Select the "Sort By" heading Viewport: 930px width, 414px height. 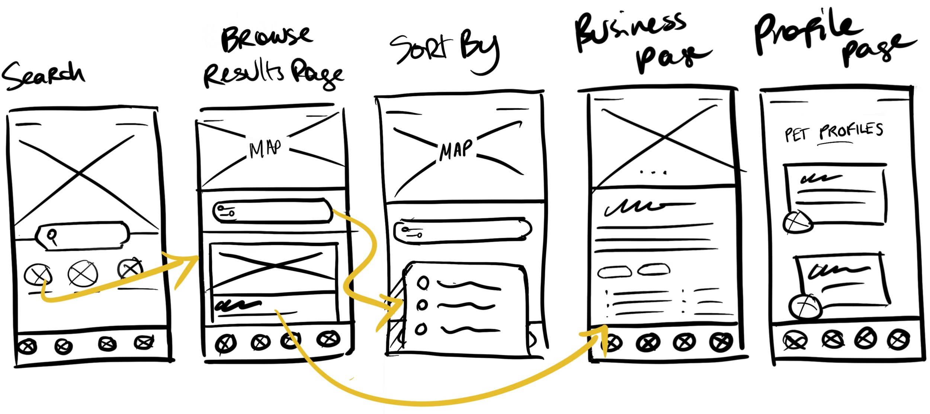445,50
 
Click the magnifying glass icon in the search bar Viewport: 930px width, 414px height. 52,236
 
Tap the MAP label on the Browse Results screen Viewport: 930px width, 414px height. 265,149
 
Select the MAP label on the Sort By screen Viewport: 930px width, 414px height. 456,150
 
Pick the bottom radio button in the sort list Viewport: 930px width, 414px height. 421,329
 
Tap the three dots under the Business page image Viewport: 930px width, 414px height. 653,172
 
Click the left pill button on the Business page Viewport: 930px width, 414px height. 614,272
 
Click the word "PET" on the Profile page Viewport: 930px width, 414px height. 797,134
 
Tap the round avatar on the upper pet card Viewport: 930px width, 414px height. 797,222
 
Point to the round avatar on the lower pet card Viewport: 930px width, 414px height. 805,307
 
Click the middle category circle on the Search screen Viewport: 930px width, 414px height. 83,274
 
